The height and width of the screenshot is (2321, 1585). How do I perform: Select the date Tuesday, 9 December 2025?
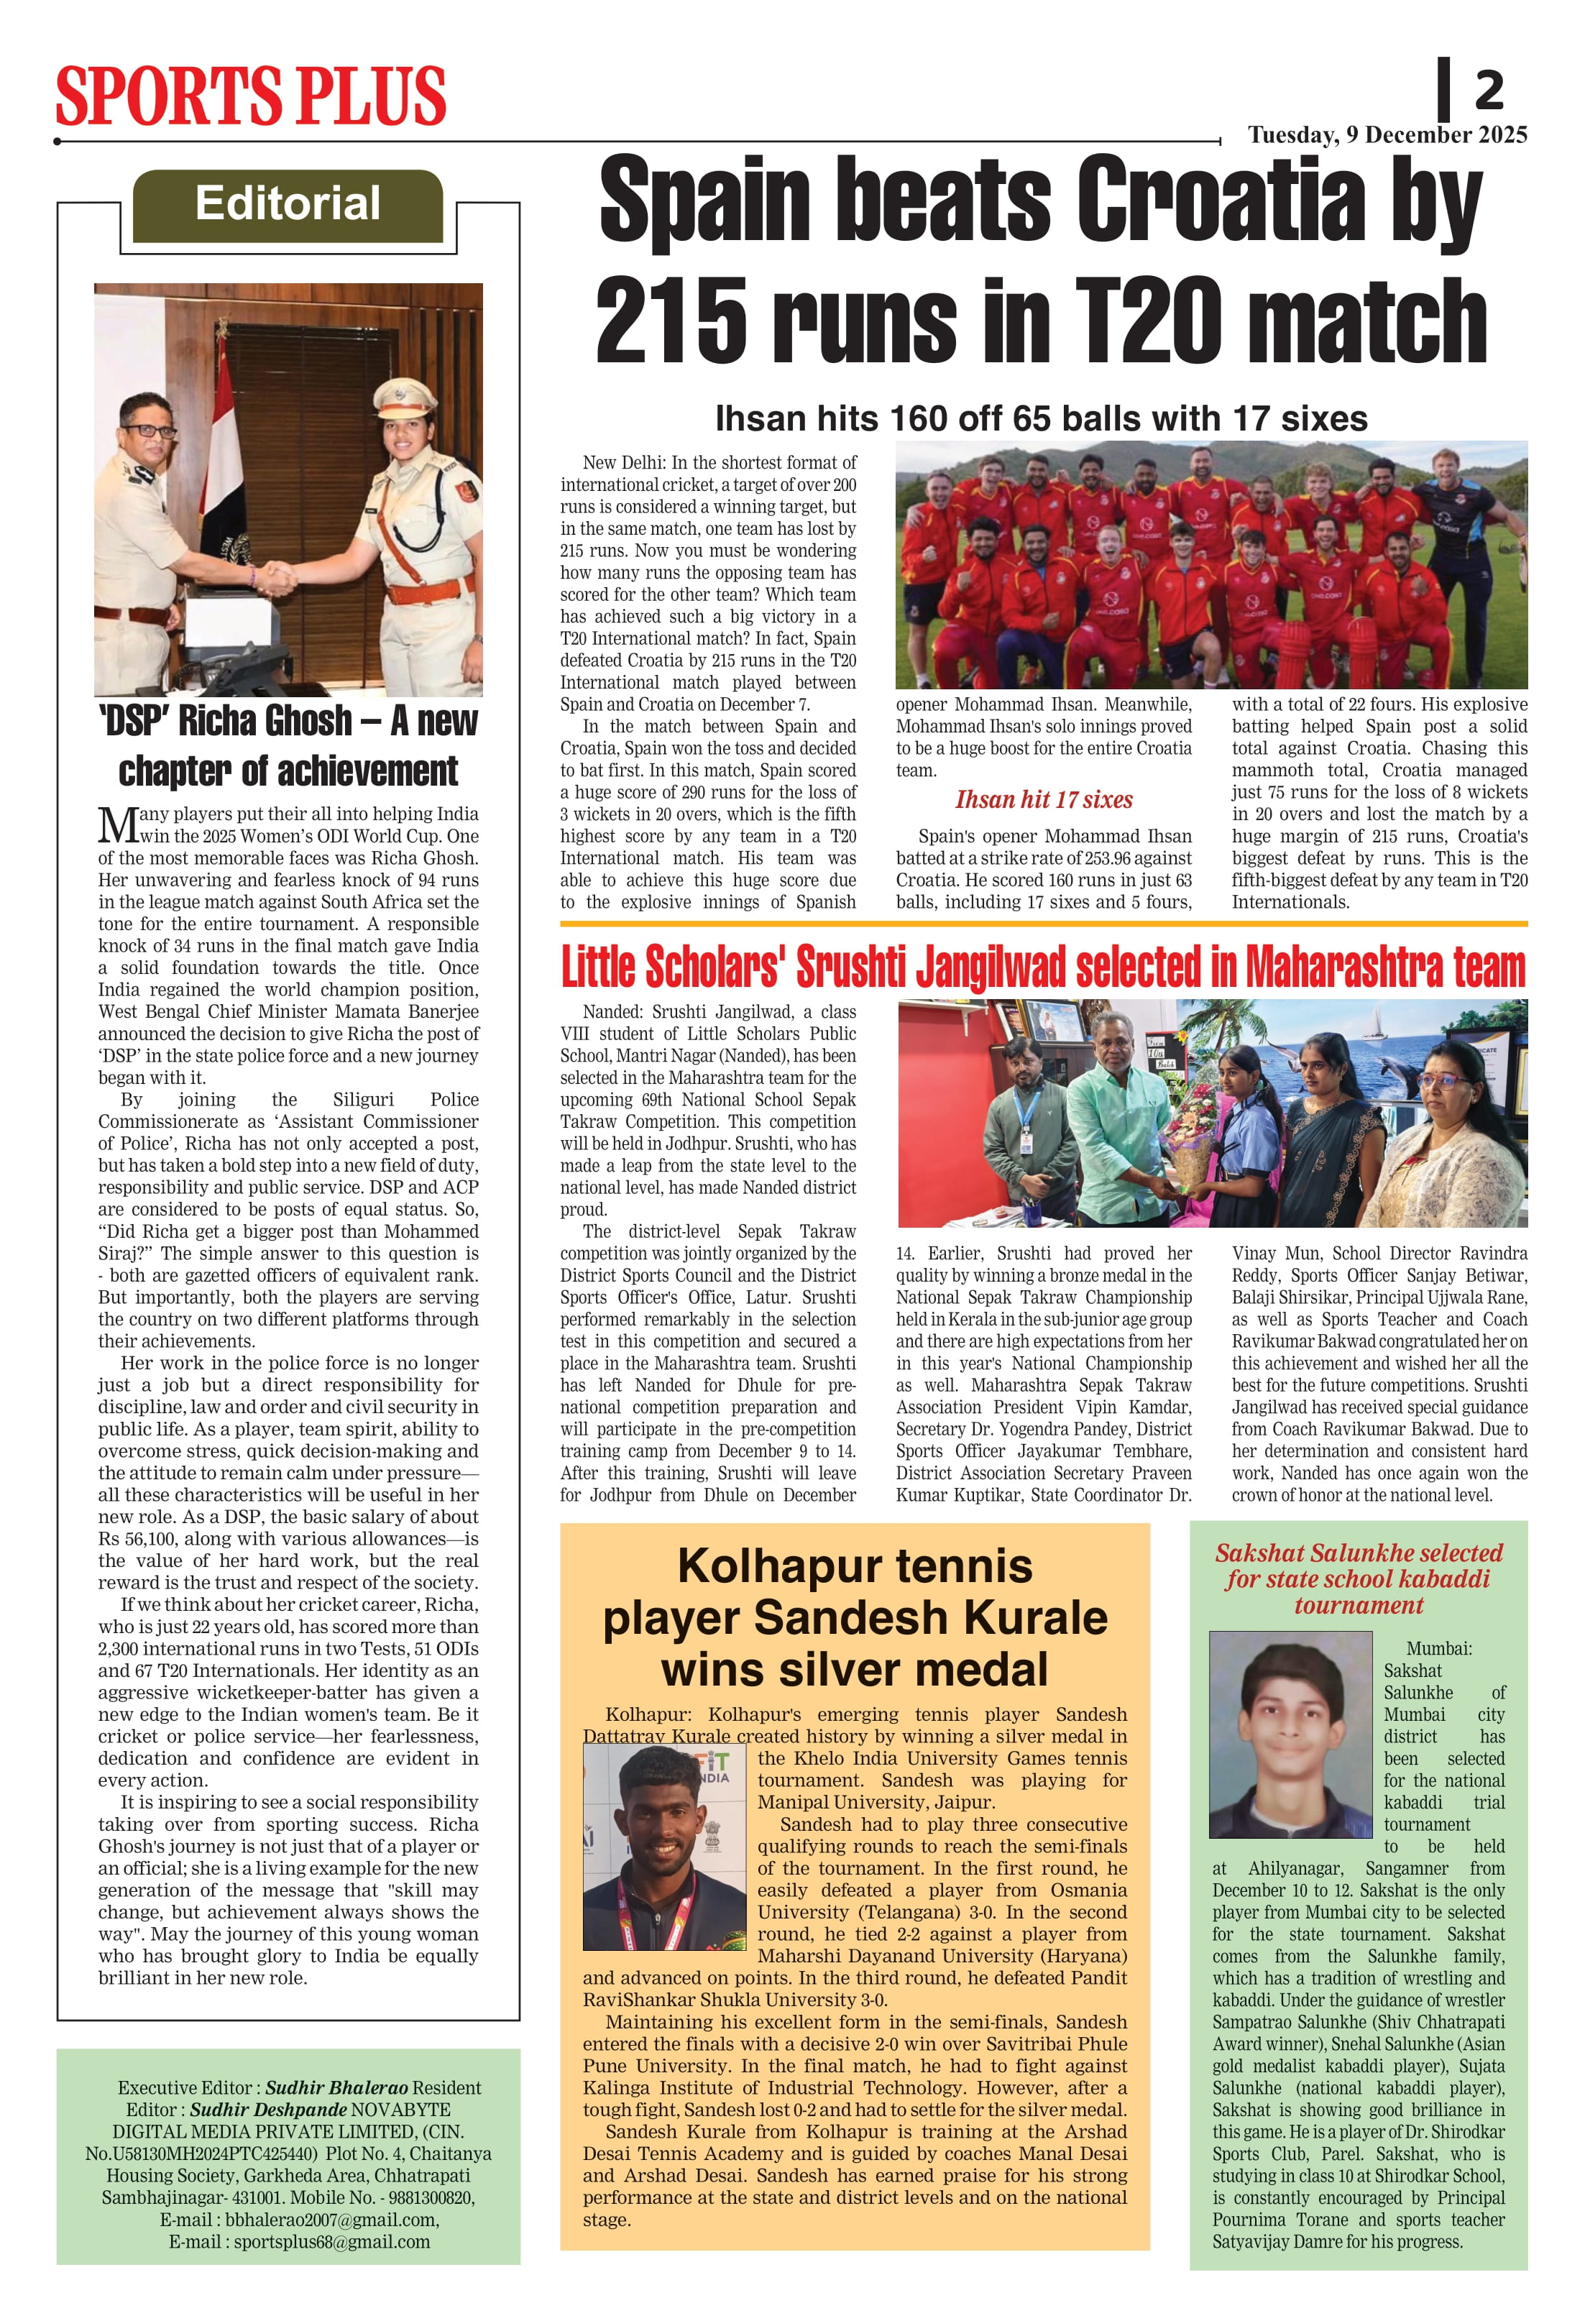1387,135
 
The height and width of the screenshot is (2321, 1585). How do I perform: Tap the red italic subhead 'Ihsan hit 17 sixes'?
1044,800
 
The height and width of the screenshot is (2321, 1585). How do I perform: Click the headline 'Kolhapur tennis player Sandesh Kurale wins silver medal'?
855,1618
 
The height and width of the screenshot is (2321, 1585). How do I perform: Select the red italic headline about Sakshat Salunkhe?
1359,1579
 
